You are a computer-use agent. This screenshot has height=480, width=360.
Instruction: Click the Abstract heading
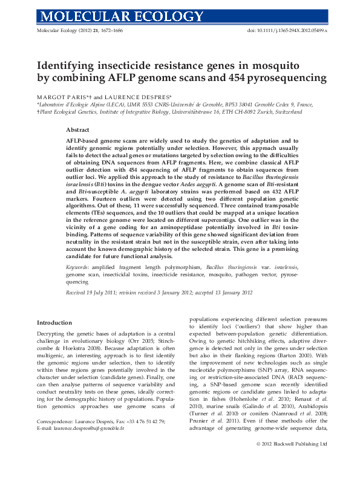click(x=78, y=130)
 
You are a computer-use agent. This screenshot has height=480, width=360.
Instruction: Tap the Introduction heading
click(x=58, y=322)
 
